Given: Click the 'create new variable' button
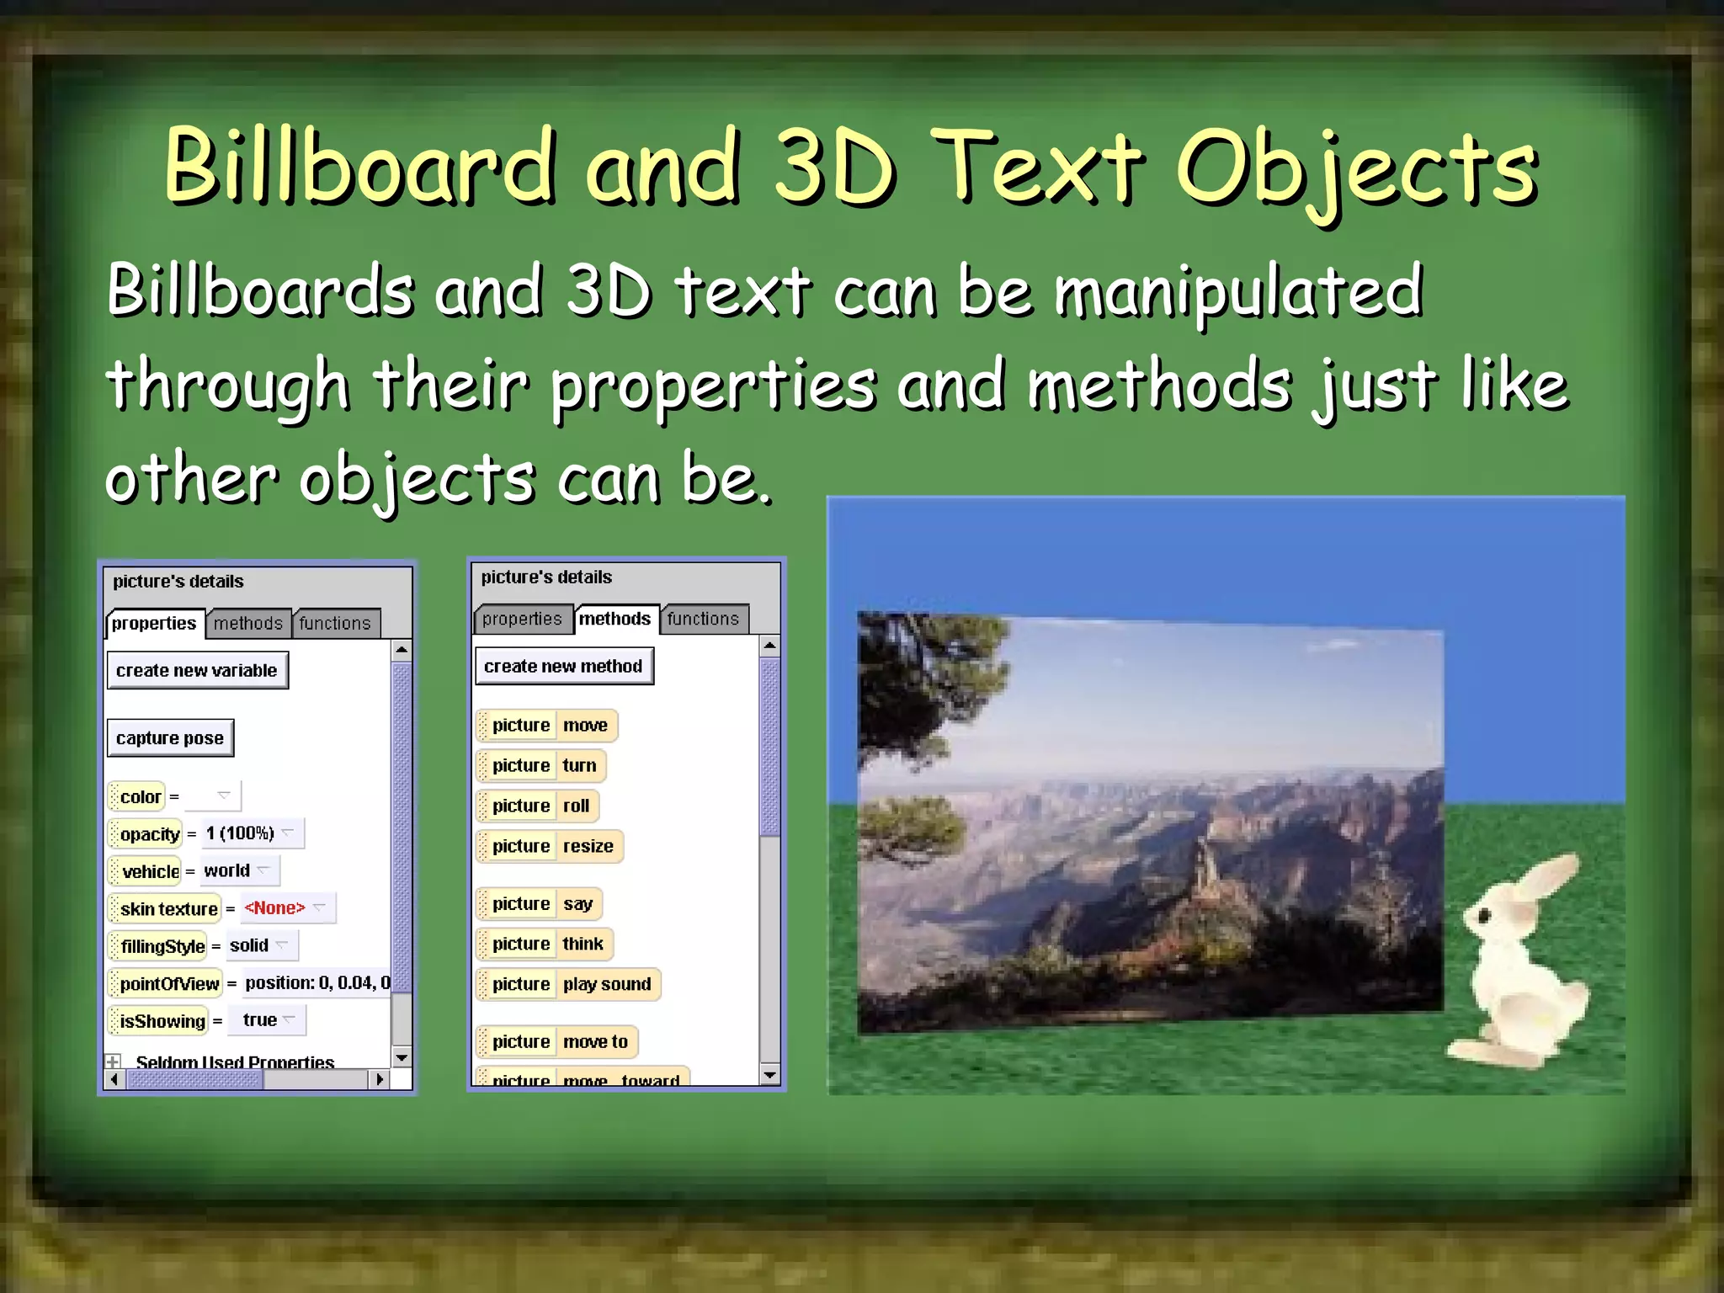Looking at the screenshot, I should tap(197, 670).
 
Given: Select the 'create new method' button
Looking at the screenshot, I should tap(563, 666).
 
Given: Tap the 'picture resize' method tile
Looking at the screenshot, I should tap(550, 846).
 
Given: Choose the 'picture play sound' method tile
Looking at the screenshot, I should tap(569, 984).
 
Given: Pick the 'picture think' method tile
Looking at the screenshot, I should tap(545, 944).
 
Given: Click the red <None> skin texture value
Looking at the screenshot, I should tap(274, 907).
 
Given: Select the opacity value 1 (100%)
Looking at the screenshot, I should tap(241, 833).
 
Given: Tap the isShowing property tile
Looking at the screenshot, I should tap(160, 1021).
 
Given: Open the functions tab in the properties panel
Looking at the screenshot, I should tap(335, 623).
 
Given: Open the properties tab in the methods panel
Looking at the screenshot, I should tap(522, 619).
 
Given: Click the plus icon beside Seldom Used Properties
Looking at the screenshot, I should tap(113, 1062).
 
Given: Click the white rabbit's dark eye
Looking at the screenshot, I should tap(1484, 915).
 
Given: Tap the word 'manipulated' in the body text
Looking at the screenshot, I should tap(1237, 290).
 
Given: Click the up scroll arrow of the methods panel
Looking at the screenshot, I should tap(769, 646).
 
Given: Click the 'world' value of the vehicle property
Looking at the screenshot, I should tap(227, 870).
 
